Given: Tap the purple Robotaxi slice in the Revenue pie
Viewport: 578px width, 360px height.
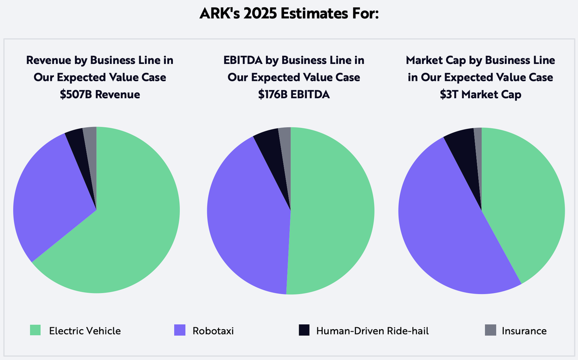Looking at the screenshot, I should [48, 197].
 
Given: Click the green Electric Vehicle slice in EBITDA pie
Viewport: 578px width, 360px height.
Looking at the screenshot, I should [332, 212].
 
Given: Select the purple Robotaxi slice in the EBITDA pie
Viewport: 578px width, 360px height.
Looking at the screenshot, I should [246, 212].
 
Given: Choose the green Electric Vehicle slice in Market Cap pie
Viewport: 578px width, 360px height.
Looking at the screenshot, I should [525, 202].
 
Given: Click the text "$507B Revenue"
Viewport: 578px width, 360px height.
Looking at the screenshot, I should [100, 94].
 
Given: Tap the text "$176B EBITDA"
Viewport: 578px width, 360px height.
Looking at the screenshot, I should [294, 94].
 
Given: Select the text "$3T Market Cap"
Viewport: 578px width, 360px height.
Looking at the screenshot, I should [480, 94].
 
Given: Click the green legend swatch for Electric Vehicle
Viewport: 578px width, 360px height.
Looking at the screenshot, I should [35, 330].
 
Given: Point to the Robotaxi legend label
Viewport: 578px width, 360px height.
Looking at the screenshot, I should [213, 331].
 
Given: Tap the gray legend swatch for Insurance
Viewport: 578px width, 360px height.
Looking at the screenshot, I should [490, 330].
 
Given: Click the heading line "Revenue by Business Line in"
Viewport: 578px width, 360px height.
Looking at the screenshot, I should [100, 61].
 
